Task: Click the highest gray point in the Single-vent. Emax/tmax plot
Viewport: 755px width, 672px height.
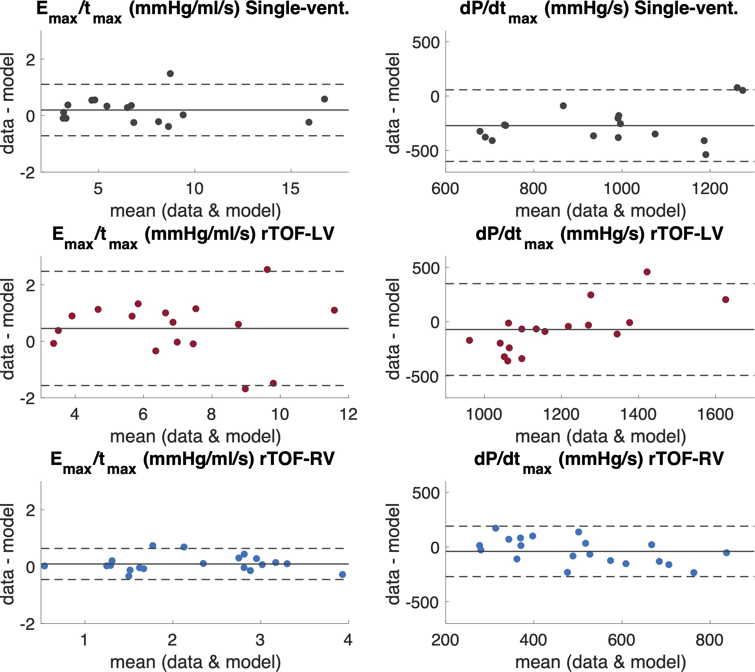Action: [170, 73]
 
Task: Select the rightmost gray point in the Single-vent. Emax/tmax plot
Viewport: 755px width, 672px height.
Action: [324, 99]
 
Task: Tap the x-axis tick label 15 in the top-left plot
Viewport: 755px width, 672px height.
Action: [291, 189]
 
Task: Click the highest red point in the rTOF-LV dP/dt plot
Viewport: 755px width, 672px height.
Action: [647, 272]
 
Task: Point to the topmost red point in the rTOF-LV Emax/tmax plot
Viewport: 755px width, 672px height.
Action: [267, 270]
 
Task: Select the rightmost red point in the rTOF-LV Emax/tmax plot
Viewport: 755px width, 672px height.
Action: [334, 310]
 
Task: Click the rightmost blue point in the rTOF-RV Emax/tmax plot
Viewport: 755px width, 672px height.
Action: [342, 574]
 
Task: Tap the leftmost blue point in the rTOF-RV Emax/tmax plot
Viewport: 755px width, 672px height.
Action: [44, 566]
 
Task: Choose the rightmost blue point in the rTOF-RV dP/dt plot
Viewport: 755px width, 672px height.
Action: [726, 553]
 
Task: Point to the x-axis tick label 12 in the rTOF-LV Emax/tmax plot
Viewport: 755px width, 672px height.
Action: [348, 414]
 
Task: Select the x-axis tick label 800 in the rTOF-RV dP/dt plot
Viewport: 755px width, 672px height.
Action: [709, 640]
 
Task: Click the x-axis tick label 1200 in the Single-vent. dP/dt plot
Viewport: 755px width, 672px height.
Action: [710, 189]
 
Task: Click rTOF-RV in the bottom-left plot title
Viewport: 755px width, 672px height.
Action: [297, 459]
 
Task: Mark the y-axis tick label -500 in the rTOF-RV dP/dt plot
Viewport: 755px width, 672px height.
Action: [422, 602]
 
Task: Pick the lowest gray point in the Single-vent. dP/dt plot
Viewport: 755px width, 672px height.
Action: [706, 154]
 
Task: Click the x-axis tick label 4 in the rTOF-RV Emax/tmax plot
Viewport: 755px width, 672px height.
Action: [348, 640]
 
